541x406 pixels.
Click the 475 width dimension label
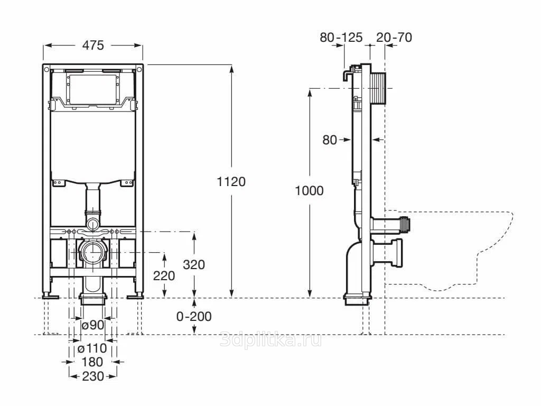click(92, 45)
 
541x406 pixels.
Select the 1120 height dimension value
click(231, 182)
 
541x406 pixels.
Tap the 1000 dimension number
click(309, 191)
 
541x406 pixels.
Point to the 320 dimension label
click(194, 264)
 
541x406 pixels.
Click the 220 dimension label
click(164, 275)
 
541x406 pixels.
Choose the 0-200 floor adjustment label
click(194, 317)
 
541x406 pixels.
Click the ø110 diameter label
click(92, 348)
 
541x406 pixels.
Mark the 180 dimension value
click(92, 362)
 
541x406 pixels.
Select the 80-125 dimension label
click(341, 37)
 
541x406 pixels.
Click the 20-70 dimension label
click(394, 37)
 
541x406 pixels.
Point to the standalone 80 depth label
click(330, 140)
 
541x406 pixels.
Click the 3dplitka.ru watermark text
click(270, 340)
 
